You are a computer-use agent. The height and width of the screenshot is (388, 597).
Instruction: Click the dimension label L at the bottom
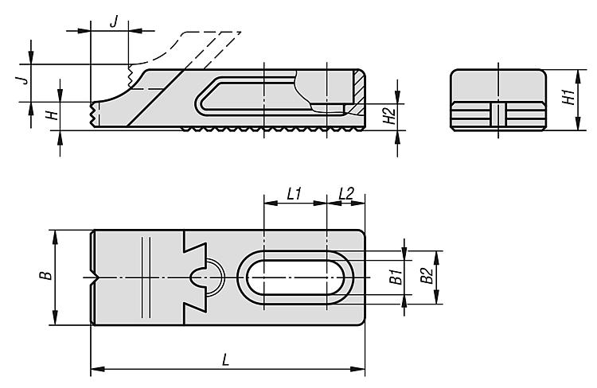coord(226,360)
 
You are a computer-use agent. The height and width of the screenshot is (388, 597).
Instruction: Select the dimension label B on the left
coord(47,277)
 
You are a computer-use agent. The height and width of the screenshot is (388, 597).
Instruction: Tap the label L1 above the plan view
coord(294,194)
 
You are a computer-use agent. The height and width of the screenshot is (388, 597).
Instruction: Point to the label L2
coord(346,194)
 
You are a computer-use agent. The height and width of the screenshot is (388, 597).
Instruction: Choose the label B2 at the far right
coord(426,277)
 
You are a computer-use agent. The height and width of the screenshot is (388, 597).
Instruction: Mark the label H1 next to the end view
coord(567,99)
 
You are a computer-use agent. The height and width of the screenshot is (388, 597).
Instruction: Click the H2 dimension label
coord(388,116)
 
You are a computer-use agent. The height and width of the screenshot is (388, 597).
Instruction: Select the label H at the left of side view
coord(51,115)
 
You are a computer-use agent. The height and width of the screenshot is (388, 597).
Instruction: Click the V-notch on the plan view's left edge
coord(96,278)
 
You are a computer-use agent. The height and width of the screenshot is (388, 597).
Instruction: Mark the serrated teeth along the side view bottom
coord(271,128)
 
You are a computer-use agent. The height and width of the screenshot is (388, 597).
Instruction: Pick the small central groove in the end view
coord(497,114)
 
